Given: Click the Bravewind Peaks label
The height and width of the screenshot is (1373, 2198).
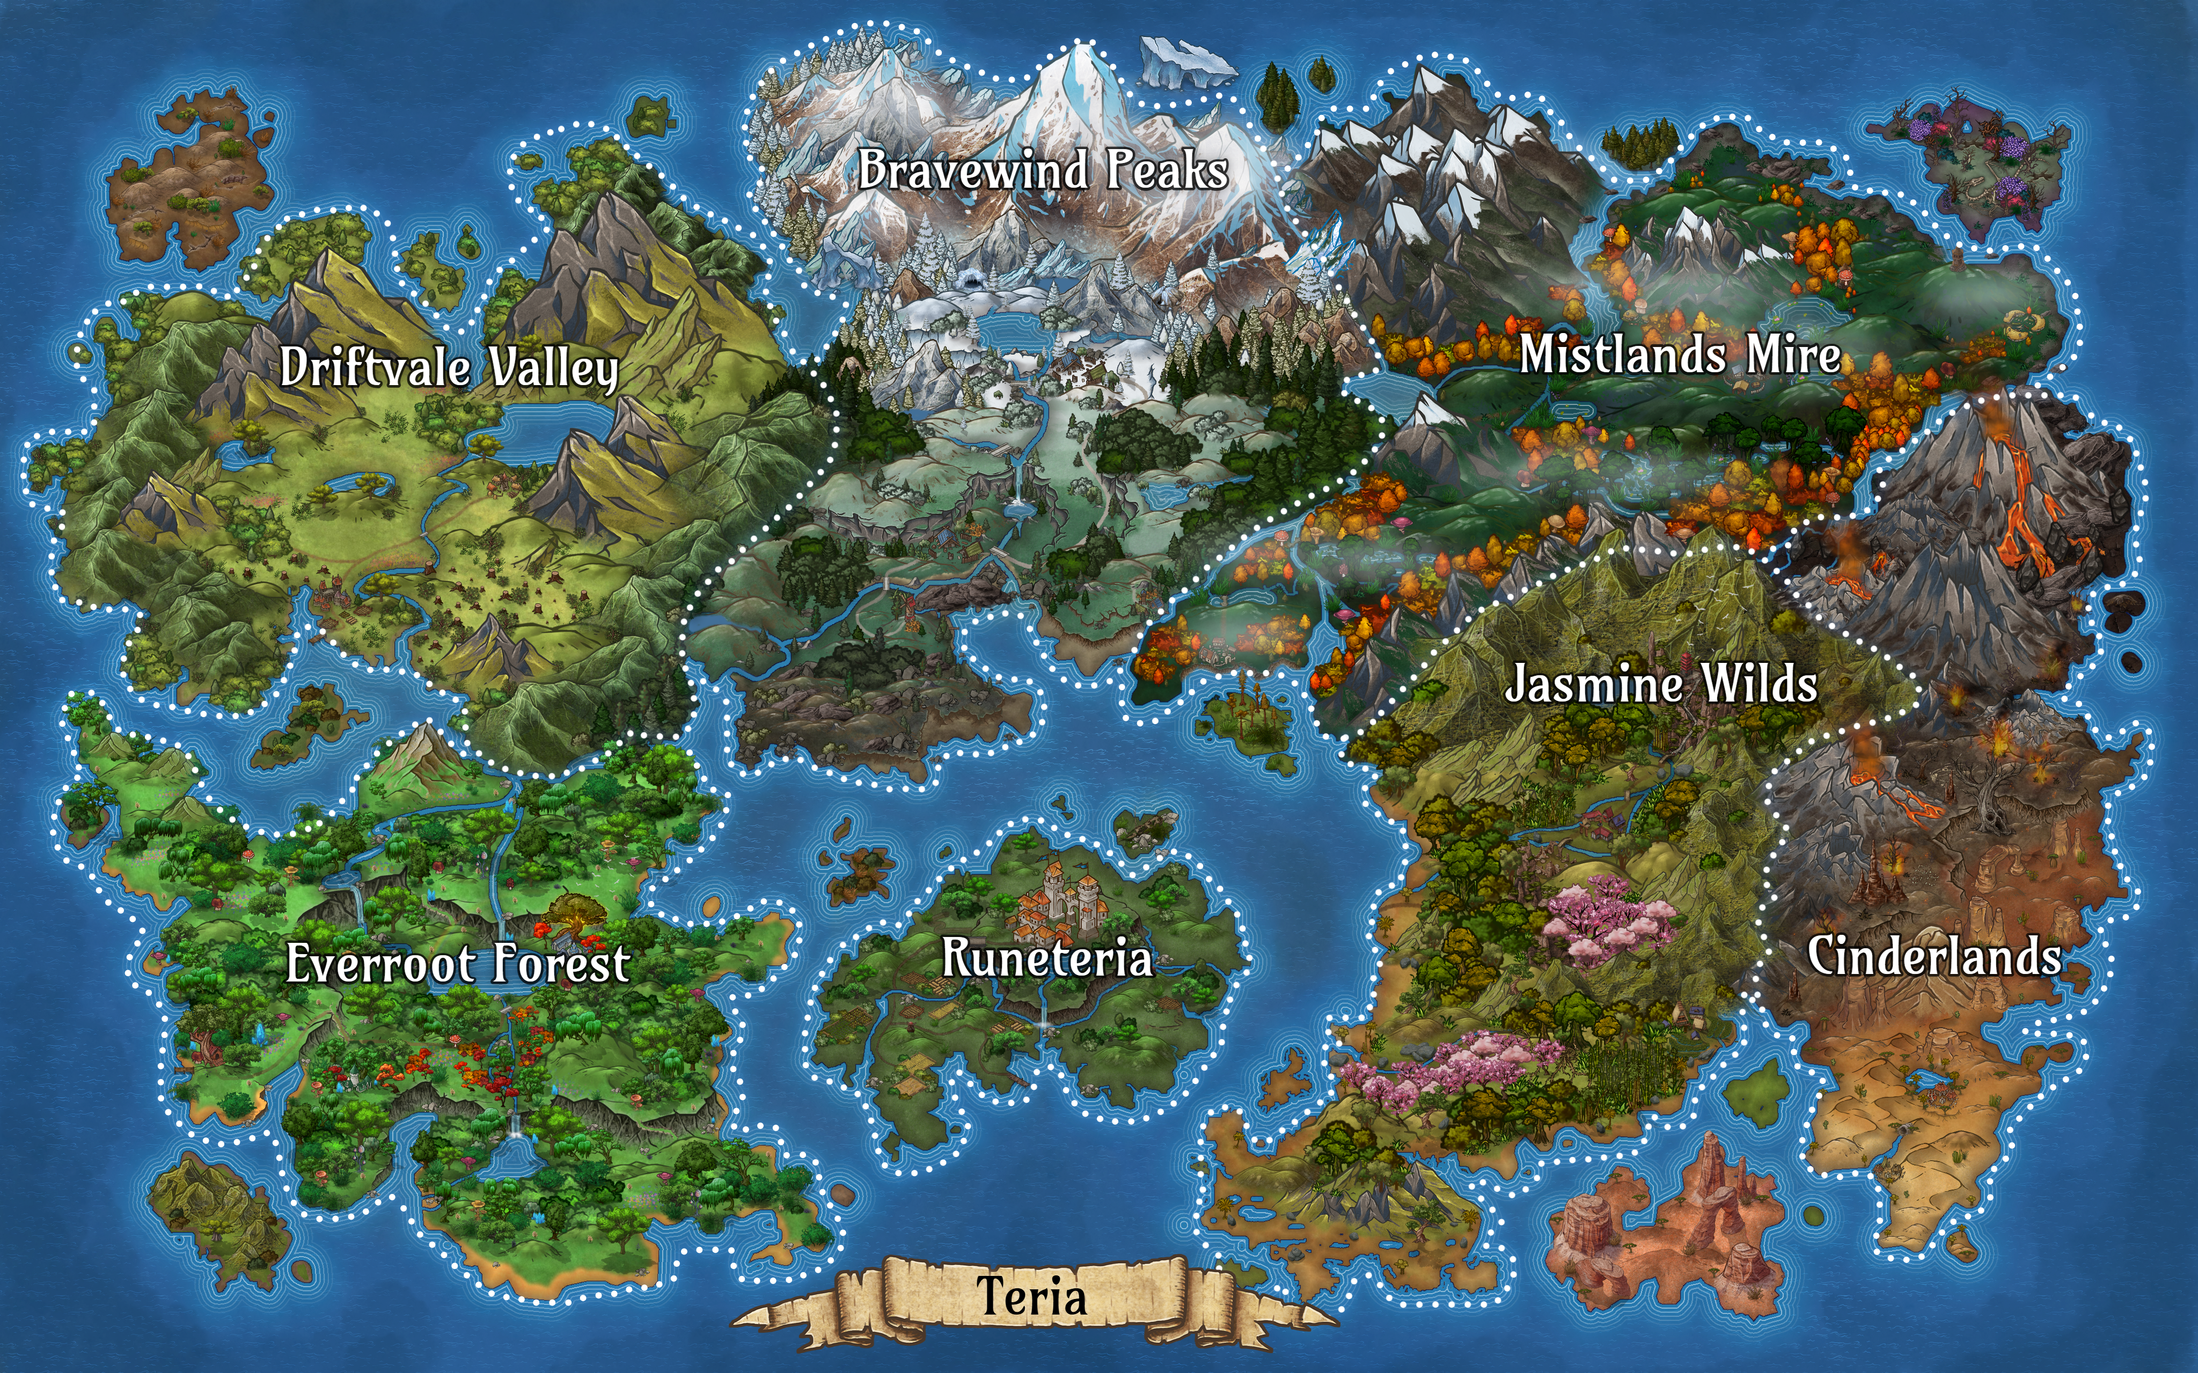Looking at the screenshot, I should coord(1043,170).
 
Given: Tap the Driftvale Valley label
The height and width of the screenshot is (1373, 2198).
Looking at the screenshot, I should coord(449,368).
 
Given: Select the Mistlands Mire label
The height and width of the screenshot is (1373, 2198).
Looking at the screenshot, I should coord(1680,354).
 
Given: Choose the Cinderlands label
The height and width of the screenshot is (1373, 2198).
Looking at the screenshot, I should coord(1933,956).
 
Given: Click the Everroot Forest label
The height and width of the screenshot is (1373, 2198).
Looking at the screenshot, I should coord(458,963).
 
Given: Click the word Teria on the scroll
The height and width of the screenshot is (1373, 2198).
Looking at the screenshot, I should coord(1032,1296).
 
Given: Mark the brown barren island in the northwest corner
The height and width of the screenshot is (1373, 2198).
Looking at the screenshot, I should coord(186,177).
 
